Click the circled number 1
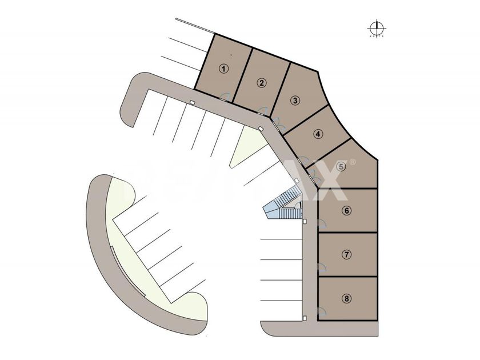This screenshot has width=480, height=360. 225,68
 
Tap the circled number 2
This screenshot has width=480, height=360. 261,83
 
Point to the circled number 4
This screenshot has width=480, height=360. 318,135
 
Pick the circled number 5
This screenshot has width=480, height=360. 341,167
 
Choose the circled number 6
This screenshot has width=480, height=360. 346,210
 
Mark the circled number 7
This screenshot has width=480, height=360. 347,254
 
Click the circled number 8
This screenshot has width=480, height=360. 347,298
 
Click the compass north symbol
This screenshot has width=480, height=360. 376,27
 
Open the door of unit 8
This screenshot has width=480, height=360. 322,310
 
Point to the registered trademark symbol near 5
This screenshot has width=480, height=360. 353,162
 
